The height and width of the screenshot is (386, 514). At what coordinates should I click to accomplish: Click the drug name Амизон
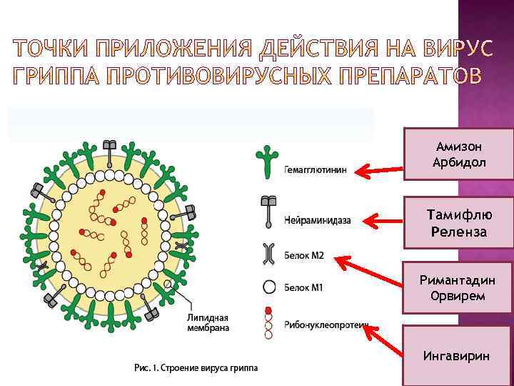458,147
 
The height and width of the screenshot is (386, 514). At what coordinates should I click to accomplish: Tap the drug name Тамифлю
458,215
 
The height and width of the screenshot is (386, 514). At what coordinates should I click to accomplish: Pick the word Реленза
458,232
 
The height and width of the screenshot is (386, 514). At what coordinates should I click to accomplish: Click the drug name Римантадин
458,280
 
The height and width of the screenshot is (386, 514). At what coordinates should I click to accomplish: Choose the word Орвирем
458,296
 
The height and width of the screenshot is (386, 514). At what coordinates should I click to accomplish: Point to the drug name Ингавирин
457,355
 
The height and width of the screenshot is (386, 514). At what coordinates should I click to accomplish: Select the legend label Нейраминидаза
317,220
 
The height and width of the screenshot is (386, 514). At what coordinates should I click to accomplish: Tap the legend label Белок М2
303,255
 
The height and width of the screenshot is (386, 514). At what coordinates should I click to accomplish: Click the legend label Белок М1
303,288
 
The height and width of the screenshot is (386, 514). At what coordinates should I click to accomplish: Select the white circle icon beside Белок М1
269,287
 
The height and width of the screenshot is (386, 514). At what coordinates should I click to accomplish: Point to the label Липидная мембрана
208,323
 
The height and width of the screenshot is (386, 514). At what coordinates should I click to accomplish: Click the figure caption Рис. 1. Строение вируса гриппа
196,368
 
